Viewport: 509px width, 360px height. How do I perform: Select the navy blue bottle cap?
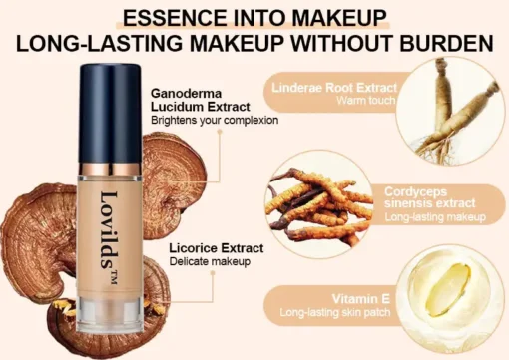(x=111, y=113)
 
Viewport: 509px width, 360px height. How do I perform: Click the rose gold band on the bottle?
(x=110, y=170)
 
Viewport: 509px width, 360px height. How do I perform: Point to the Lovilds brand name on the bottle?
(x=109, y=230)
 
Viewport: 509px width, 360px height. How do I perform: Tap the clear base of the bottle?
(x=110, y=315)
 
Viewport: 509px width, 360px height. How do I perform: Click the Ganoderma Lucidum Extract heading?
(x=201, y=100)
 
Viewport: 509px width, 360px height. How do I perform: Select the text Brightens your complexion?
(x=215, y=120)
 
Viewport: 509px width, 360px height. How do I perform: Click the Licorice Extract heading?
(x=217, y=248)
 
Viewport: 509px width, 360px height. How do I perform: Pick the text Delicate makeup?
(x=210, y=261)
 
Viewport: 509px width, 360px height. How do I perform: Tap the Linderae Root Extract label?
(x=334, y=88)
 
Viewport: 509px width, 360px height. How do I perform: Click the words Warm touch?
(x=366, y=101)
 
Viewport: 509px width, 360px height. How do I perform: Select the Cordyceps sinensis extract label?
(x=430, y=197)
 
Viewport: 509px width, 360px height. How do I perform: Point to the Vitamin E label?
(x=361, y=299)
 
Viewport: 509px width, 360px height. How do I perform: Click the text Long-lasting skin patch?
(x=335, y=313)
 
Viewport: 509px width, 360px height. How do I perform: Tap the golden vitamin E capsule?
(x=449, y=285)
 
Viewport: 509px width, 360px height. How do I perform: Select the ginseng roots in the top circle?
(x=455, y=110)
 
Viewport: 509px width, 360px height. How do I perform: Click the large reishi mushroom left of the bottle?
(x=37, y=242)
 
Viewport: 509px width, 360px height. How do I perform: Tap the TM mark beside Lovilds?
(x=114, y=277)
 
